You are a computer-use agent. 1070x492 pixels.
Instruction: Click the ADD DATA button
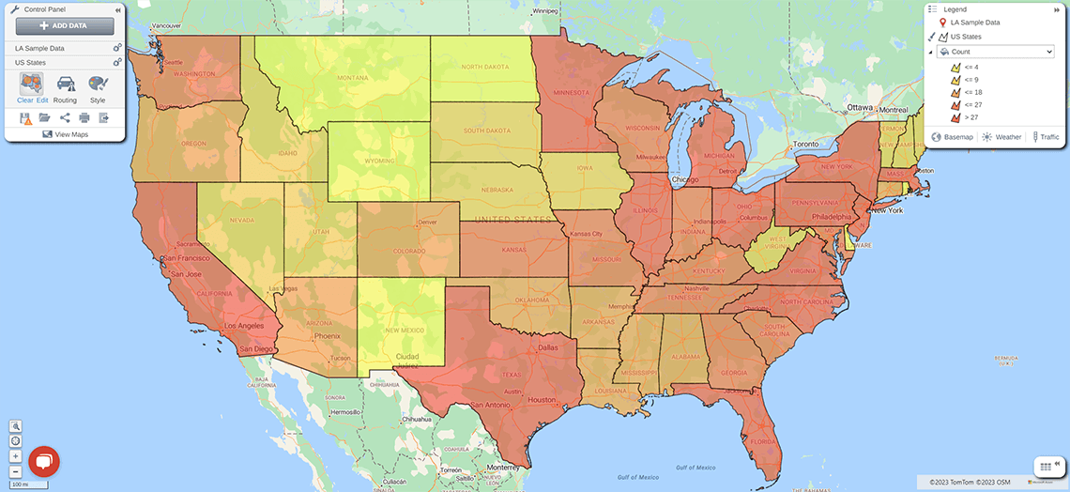click(x=65, y=26)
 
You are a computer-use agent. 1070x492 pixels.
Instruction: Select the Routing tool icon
click(x=66, y=88)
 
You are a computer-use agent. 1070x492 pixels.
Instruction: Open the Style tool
click(x=98, y=88)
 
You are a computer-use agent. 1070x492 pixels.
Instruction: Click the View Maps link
click(x=65, y=134)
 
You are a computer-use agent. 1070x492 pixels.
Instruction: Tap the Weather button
click(x=1001, y=137)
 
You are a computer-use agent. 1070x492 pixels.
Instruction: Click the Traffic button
click(x=1046, y=137)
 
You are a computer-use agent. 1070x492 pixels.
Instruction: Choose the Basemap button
click(x=952, y=137)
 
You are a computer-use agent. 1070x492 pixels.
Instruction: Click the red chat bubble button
click(x=44, y=461)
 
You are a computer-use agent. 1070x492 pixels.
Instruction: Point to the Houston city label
click(x=543, y=399)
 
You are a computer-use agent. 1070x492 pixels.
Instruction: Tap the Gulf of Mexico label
click(x=693, y=467)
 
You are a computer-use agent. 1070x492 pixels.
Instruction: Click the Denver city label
click(x=427, y=222)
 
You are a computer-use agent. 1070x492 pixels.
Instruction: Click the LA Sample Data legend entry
click(x=974, y=22)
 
